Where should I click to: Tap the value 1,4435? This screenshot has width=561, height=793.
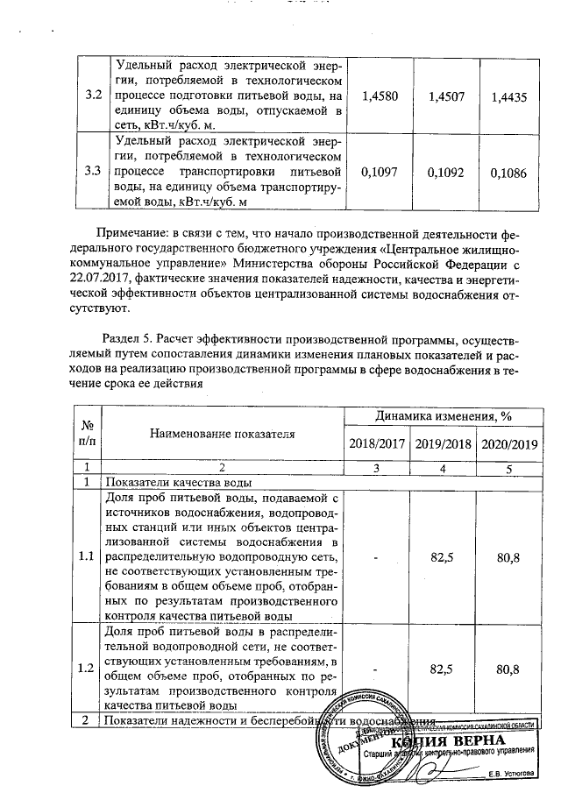point(509,98)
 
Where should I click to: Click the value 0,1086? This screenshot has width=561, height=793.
point(509,173)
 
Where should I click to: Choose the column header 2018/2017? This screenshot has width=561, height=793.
point(376,443)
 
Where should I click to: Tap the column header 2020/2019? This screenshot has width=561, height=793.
point(509,443)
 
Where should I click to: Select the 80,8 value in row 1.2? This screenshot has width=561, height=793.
point(509,669)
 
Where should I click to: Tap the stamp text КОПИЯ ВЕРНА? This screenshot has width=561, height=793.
point(467,742)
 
